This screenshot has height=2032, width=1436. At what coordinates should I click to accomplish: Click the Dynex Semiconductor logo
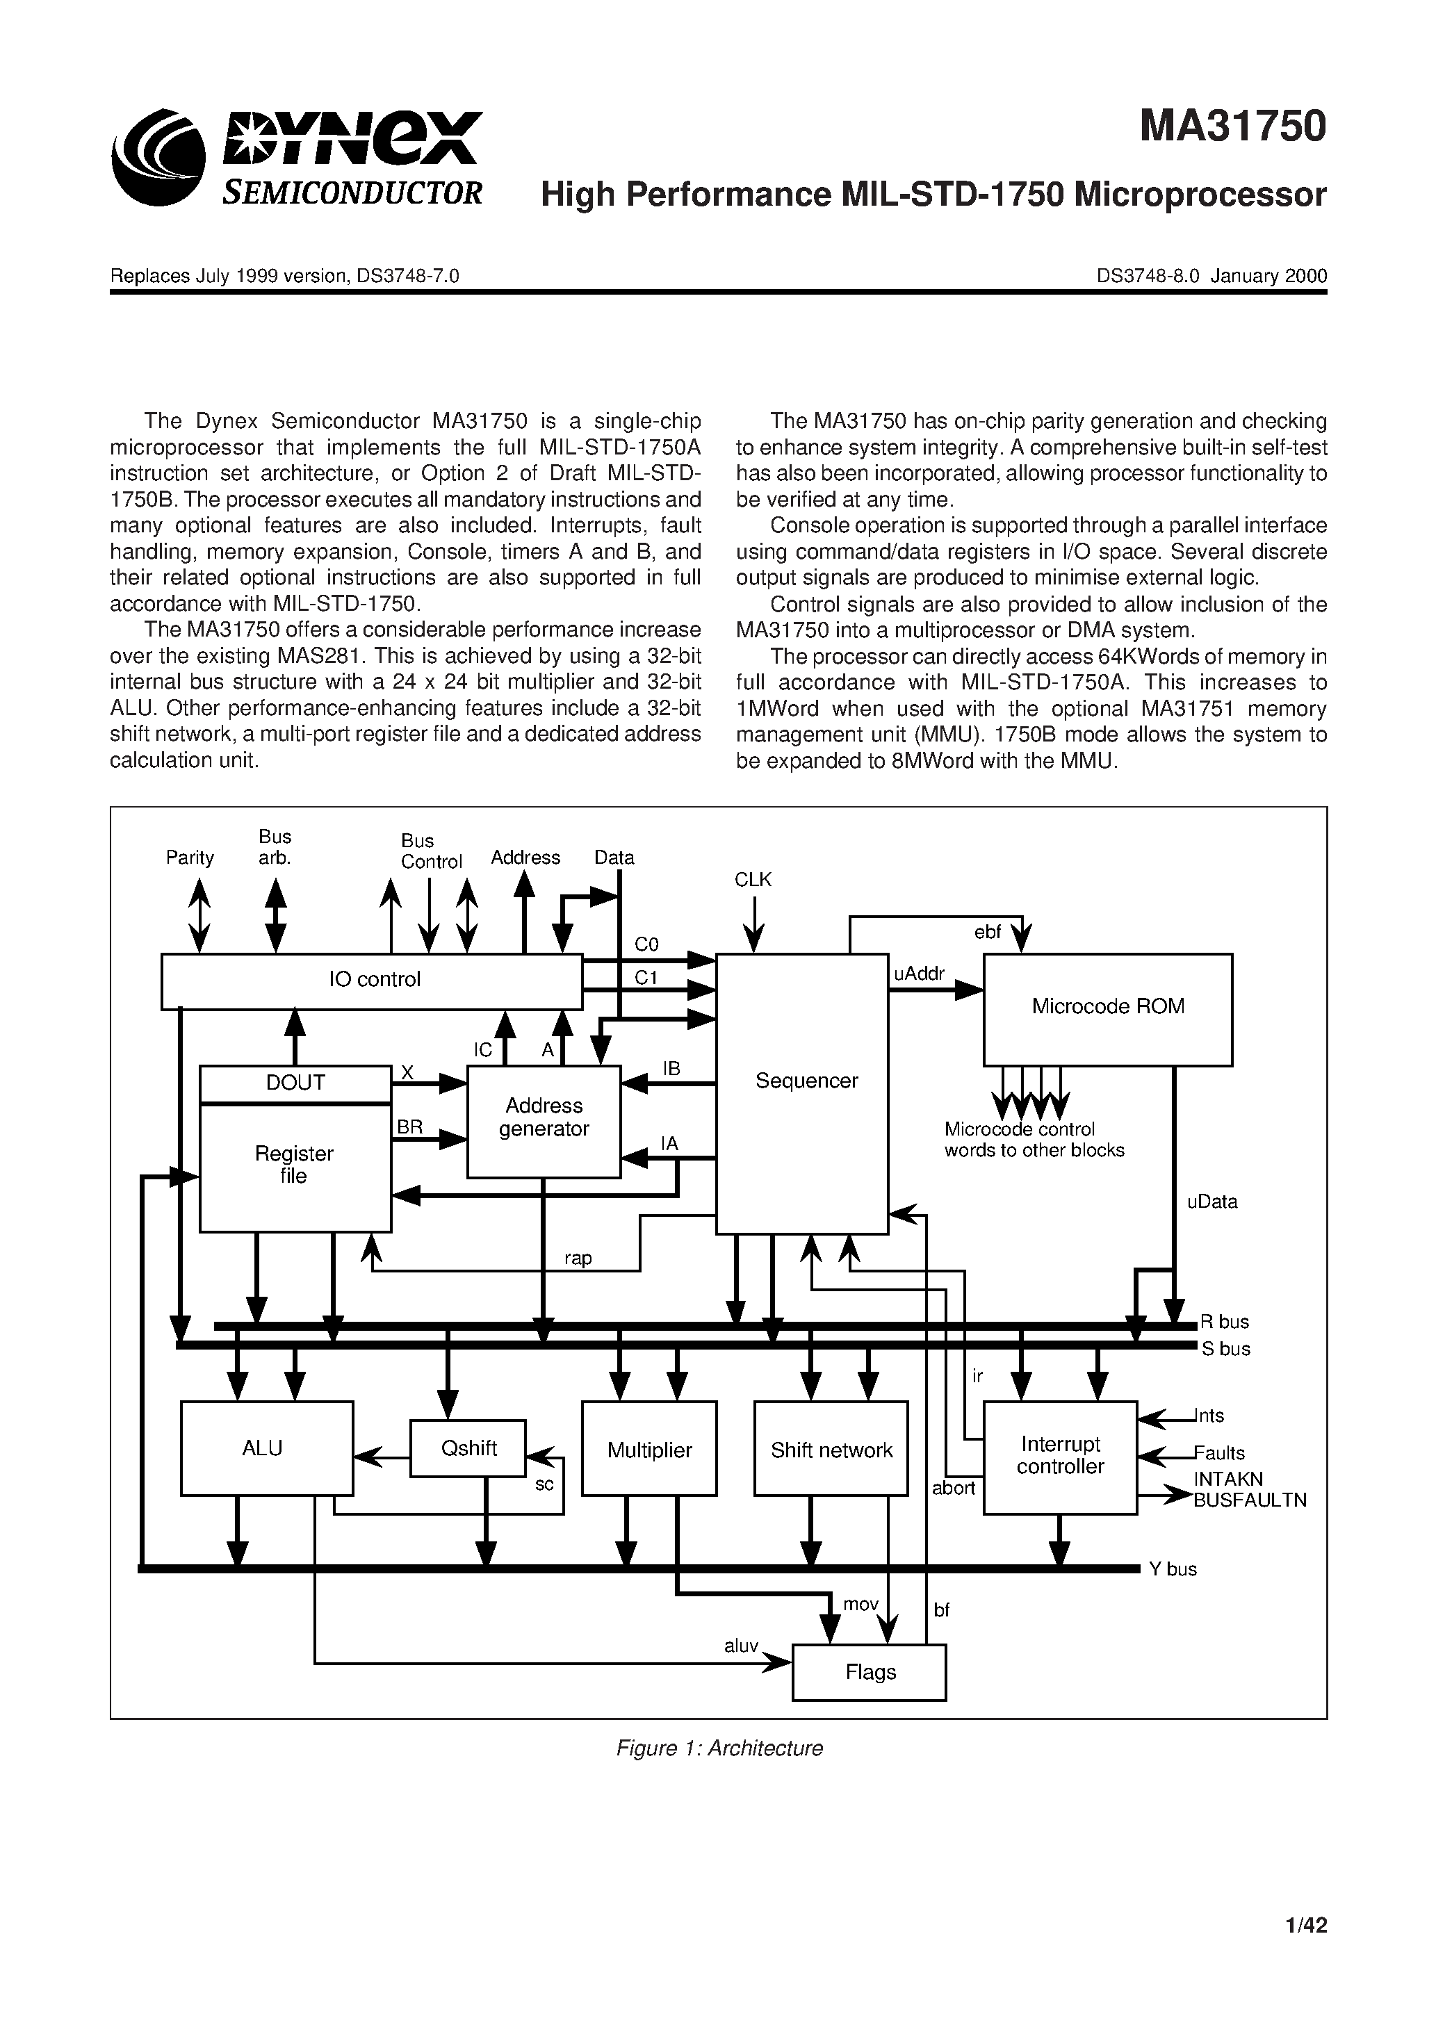pos(297,156)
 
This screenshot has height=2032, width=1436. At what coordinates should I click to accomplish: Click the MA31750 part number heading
pos(1232,126)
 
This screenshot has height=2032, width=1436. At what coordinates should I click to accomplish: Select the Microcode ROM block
pos(1107,1008)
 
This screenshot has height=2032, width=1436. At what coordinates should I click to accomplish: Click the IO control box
pos(372,981)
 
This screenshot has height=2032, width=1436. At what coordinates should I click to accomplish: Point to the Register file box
pos(295,1166)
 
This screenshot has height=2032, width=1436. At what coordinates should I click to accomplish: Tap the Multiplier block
pos(649,1450)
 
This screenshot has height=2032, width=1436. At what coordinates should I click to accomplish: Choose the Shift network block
pos(831,1450)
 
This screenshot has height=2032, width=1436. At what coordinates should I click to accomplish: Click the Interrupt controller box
pos(1060,1457)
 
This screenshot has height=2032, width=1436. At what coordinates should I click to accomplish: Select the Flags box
pos(869,1672)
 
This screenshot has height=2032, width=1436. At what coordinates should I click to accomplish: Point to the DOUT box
pos(295,1083)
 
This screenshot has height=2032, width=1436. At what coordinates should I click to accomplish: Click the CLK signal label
pos(753,880)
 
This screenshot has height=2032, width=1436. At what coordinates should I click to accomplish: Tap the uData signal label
pos(1211,1202)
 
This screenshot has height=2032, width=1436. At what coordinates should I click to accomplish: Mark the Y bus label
pos(1172,1569)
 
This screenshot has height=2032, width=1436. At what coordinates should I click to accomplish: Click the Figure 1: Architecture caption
pos(719,1748)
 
